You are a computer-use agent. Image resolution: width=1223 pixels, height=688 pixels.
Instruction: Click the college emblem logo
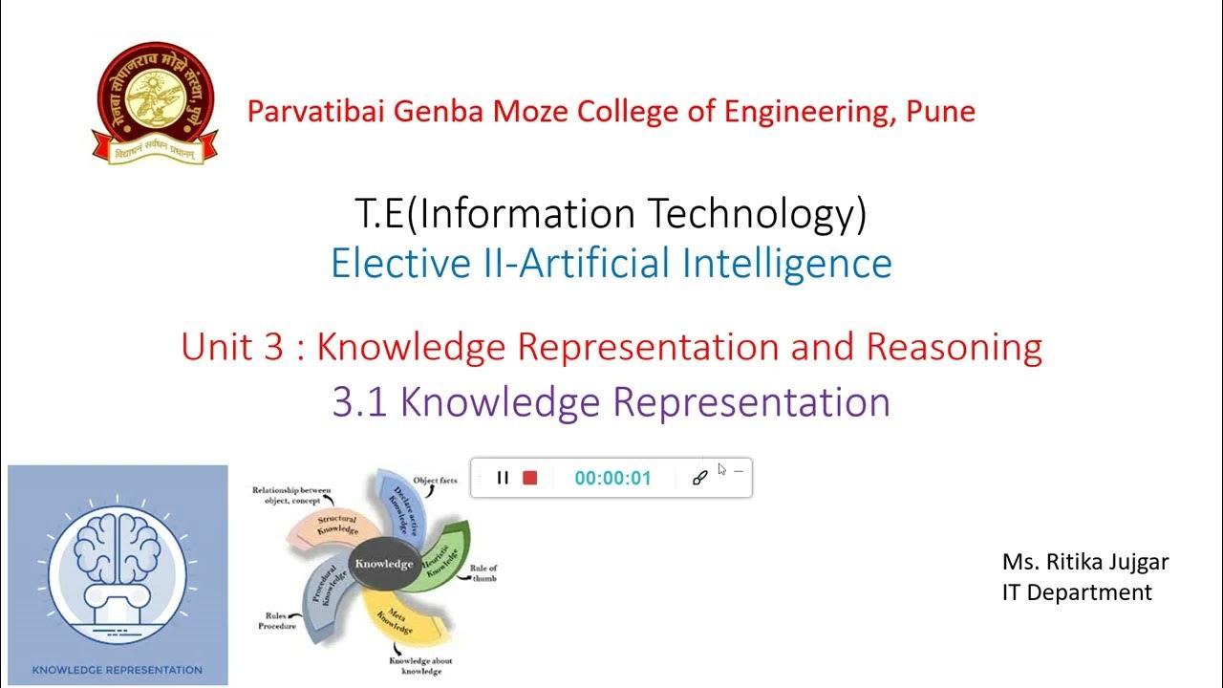click(x=156, y=103)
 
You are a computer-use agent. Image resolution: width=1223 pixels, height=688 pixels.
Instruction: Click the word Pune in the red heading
click(x=940, y=112)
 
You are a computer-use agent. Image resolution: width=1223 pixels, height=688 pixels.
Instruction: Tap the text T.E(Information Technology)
click(x=611, y=213)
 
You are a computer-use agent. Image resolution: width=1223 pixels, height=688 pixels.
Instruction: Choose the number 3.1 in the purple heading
click(x=359, y=402)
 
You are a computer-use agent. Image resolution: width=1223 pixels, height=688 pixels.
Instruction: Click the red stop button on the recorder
click(x=530, y=478)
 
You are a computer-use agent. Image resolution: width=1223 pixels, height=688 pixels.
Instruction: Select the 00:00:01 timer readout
click(x=612, y=479)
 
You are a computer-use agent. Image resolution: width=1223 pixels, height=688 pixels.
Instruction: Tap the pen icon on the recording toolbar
click(x=699, y=478)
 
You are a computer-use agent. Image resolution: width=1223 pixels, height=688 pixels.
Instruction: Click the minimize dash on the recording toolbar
click(x=739, y=471)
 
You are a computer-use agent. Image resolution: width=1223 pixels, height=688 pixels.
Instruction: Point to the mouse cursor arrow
click(x=721, y=469)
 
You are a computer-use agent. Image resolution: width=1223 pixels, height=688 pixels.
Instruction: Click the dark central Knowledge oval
click(x=384, y=564)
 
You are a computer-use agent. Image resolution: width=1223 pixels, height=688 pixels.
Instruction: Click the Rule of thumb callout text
click(x=483, y=573)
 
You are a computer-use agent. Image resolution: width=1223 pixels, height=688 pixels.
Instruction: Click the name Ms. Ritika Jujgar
click(x=1085, y=562)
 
